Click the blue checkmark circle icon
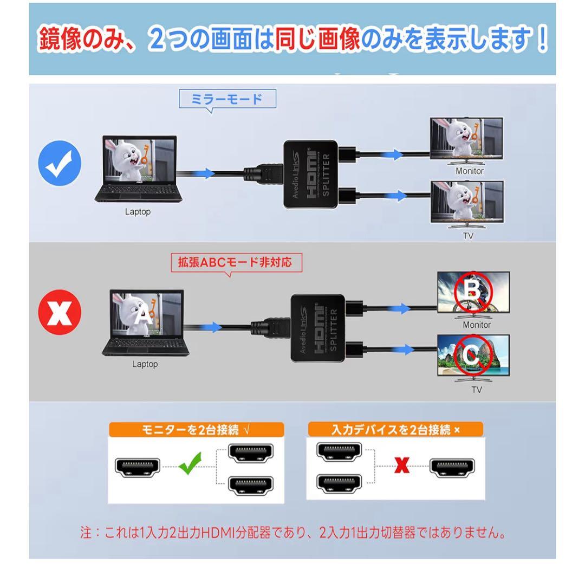pyautogui.click(x=60, y=163)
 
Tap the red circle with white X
pyautogui.click(x=60, y=312)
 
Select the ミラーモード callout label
pyautogui.click(x=227, y=99)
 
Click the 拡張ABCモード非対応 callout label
pyautogui.click(x=236, y=262)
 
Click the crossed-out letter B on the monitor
pyautogui.click(x=473, y=290)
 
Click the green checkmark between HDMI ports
pyautogui.click(x=190, y=463)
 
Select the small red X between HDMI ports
pyautogui.click(x=401, y=465)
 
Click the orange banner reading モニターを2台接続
pyautogui.click(x=196, y=430)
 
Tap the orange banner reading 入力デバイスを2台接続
pyautogui.click(x=395, y=430)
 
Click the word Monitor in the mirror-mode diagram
pyautogui.click(x=469, y=171)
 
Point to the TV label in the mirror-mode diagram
pyautogui.click(x=468, y=236)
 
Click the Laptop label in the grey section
pyautogui.click(x=145, y=364)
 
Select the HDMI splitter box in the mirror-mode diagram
pyautogui.click(x=310, y=174)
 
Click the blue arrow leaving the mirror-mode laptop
pyautogui.click(x=204, y=173)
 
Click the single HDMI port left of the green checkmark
pyautogui.click(x=138, y=467)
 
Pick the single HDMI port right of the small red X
pyautogui.click(x=452, y=467)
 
